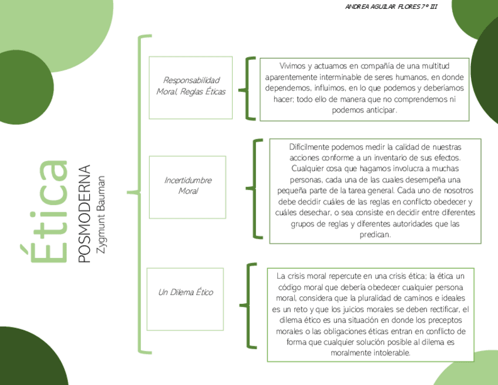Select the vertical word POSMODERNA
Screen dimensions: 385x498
85,213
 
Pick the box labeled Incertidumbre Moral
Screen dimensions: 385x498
187,186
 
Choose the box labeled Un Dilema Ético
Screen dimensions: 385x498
185,292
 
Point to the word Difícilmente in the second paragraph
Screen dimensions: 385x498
309,147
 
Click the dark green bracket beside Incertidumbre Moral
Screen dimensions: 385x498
254,189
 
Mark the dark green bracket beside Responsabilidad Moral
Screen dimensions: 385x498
248,89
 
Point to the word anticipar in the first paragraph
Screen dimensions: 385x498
381,110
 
